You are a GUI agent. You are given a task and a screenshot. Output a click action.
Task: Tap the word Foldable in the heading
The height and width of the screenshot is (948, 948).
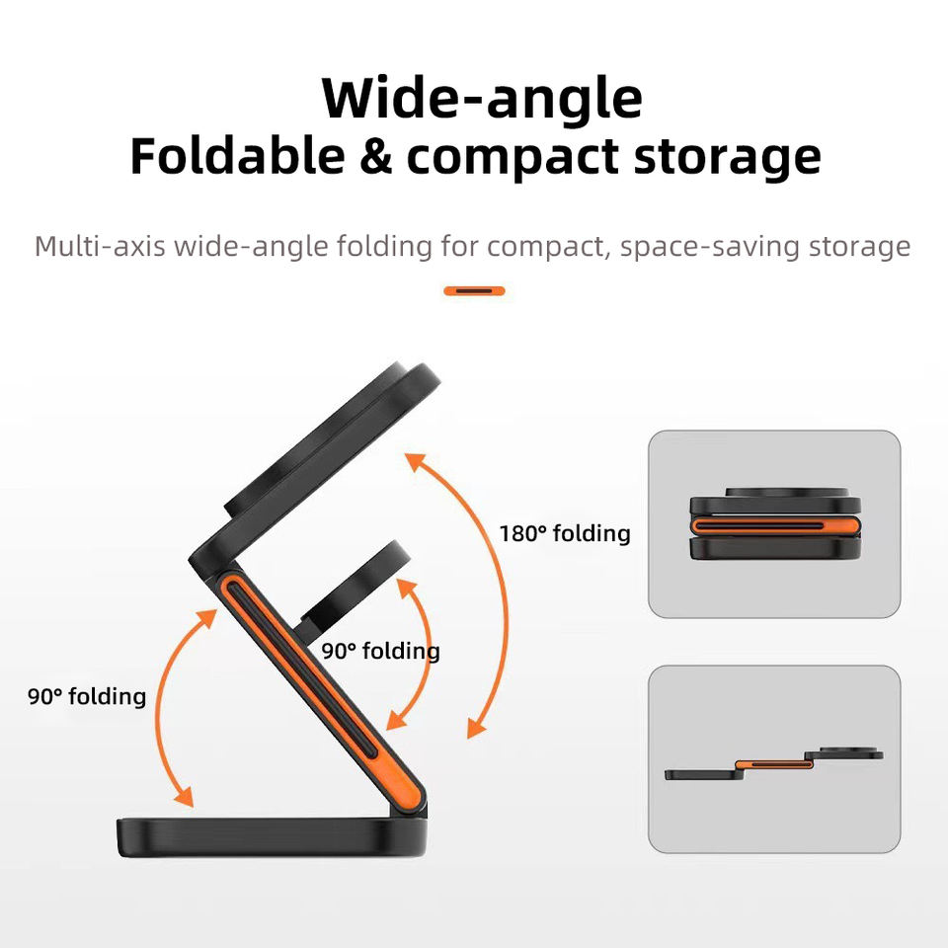[x=237, y=158]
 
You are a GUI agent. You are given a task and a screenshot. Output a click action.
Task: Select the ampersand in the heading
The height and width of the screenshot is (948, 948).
[x=376, y=158]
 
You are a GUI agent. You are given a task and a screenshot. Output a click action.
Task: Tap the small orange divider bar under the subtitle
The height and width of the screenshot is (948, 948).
[x=474, y=291]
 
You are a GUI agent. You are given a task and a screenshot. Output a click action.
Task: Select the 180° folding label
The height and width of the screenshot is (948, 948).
[x=564, y=534]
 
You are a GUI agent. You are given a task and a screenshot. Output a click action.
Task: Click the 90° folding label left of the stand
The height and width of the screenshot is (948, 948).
[x=87, y=697]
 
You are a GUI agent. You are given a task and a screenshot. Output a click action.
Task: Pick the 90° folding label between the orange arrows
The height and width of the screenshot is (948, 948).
[x=380, y=652]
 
